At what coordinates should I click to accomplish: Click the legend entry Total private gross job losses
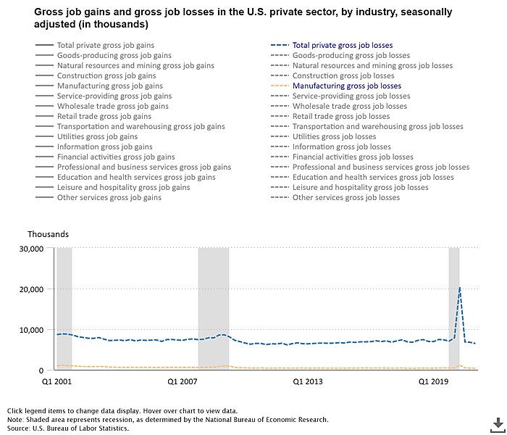pos(342,46)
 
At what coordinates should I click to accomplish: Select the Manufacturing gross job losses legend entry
pos(346,86)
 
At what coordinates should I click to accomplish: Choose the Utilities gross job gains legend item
pos(97,136)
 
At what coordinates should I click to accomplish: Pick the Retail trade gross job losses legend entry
pos(340,116)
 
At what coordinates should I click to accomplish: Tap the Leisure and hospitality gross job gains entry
pos(123,187)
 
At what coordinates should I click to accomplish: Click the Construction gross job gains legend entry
pos(106,76)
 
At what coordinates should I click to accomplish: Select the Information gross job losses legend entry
pos(341,146)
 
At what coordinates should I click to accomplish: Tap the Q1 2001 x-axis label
pos(56,380)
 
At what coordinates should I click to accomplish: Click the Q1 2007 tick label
pos(182,380)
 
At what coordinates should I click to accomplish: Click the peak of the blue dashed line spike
pos(459,287)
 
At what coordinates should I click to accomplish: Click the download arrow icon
pos(498,423)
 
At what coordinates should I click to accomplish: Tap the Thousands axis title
pos(48,234)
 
